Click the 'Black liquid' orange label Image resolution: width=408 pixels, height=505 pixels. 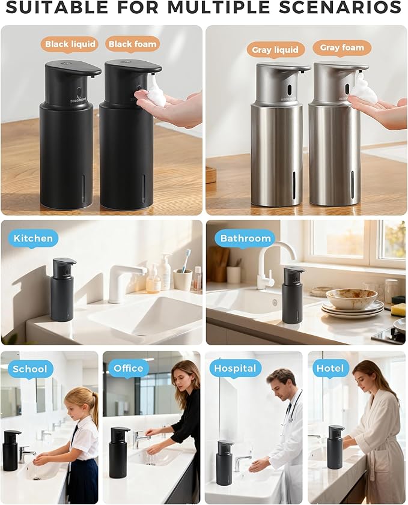click(x=70, y=44)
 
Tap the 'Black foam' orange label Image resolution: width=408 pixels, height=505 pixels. click(x=132, y=44)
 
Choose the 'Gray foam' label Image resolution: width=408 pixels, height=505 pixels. click(x=342, y=47)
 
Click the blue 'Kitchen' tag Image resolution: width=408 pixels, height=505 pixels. click(x=33, y=238)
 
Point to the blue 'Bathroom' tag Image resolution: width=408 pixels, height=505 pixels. click(x=245, y=238)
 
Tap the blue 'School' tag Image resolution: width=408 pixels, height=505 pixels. click(x=29, y=368)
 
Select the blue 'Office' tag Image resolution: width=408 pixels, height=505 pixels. click(x=129, y=368)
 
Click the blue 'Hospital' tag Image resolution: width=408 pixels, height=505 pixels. click(x=235, y=368)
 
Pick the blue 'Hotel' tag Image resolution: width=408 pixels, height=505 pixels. click(x=330, y=368)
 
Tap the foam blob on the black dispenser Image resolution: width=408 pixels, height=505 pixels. click(x=156, y=92)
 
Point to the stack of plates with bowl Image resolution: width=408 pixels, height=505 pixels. click(x=352, y=303)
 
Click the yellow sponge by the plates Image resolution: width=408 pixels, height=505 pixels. click(x=398, y=309)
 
